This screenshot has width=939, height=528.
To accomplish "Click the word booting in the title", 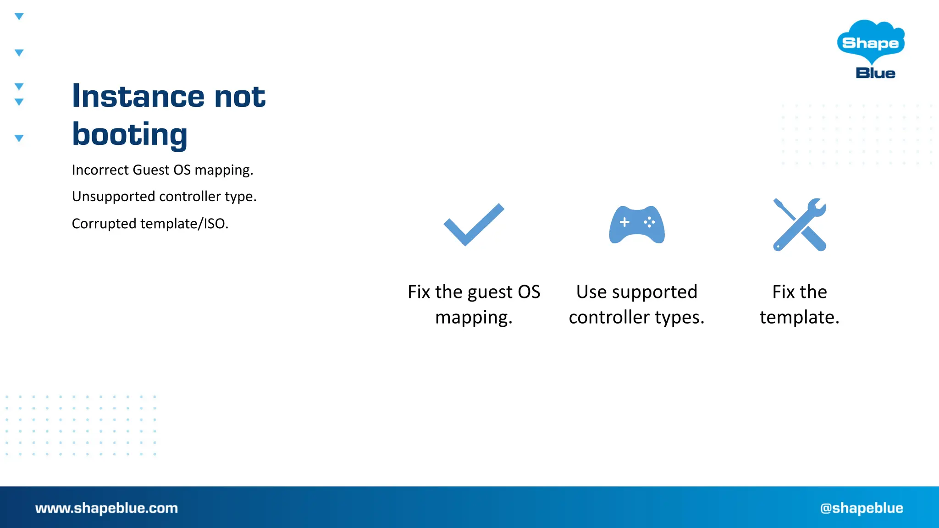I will pyautogui.click(x=130, y=135).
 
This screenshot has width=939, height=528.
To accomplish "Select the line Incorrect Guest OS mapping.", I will pyautogui.click(x=162, y=170).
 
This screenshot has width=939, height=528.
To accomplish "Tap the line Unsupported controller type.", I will pyautogui.click(x=164, y=197).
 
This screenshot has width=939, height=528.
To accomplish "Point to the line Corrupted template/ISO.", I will pyautogui.click(x=150, y=224).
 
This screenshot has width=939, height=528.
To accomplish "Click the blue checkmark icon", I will pyautogui.click(x=474, y=225).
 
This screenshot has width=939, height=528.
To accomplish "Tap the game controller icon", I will pyautogui.click(x=637, y=225).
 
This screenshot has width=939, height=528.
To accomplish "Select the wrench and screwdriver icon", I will pyautogui.click(x=799, y=225).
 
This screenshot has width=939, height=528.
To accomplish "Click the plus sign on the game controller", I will pyautogui.click(x=624, y=222).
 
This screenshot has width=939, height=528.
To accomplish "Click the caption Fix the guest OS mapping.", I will pyautogui.click(x=474, y=304).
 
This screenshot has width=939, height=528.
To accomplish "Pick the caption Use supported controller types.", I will pyautogui.click(x=636, y=304).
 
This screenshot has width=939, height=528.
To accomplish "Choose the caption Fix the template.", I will pyautogui.click(x=799, y=304).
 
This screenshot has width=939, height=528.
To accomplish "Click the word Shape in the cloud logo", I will pyautogui.click(x=870, y=43).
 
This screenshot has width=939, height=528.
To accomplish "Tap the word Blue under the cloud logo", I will pyautogui.click(x=875, y=73).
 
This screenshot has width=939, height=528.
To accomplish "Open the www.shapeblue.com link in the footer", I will pyautogui.click(x=106, y=508).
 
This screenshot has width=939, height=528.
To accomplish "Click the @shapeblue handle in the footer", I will pyautogui.click(x=862, y=508).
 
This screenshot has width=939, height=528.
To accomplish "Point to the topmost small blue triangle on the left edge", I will pyautogui.click(x=19, y=16).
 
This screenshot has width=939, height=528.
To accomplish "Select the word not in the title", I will pyautogui.click(x=240, y=97).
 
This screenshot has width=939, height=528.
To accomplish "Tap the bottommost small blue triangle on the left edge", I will pyautogui.click(x=19, y=138).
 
